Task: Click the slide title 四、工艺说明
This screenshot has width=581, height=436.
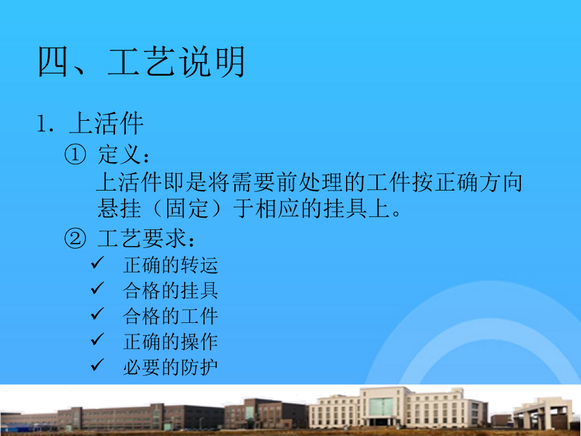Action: click(141, 62)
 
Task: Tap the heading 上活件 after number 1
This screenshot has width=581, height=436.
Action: click(106, 123)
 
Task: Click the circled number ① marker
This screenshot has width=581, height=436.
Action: click(75, 154)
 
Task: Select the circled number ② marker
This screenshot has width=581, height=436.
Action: click(75, 238)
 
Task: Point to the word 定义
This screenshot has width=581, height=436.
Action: click(119, 154)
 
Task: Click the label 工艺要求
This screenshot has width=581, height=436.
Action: click(141, 238)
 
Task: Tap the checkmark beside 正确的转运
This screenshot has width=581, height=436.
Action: click(97, 263)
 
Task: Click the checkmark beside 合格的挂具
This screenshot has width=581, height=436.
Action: click(97, 288)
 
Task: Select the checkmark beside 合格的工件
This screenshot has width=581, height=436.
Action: click(97, 314)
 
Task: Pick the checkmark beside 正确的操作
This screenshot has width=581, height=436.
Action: click(97, 339)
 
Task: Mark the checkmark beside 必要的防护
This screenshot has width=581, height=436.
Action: click(97, 365)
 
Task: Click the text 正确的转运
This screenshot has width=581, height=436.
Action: click(170, 265)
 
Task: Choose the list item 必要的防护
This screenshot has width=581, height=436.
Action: click(170, 368)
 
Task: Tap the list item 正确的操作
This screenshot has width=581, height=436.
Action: click(170, 342)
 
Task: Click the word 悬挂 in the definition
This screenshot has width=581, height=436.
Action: click(119, 209)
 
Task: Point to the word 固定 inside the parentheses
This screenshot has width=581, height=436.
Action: click(187, 209)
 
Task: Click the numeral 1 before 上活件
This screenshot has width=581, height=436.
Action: click(41, 124)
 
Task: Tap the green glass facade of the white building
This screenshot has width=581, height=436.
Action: click(381, 407)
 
